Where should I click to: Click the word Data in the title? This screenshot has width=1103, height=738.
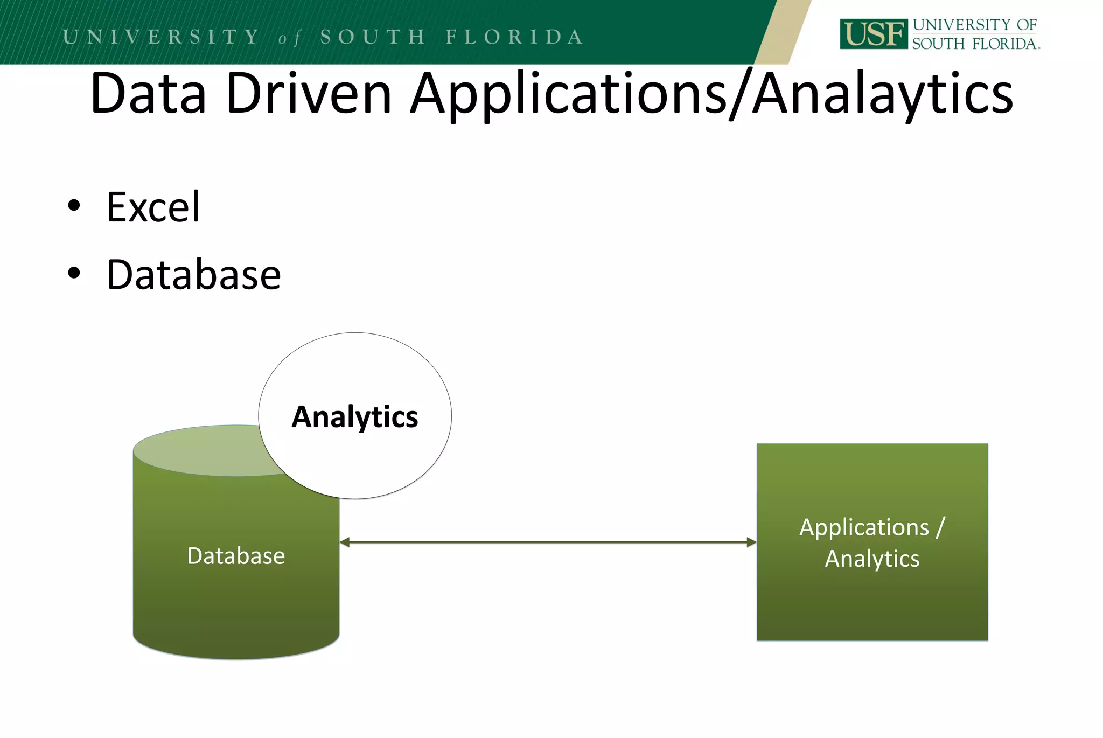click(148, 94)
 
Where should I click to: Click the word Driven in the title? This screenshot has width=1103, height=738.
click(309, 94)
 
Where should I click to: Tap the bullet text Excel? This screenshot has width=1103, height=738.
click(153, 207)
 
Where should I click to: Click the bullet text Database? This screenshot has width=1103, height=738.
click(193, 275)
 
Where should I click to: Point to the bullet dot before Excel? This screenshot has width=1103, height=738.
click(74, 206)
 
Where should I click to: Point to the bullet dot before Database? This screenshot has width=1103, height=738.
click(74, 274)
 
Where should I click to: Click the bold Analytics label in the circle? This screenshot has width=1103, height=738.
click(354, 417)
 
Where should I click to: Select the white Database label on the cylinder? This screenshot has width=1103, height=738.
click(236, 556)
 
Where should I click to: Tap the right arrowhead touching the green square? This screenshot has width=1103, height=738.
click(751, 542)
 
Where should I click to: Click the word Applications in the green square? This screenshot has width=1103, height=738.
click(864, 527)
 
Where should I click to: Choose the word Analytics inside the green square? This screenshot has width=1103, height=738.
click(872, 559)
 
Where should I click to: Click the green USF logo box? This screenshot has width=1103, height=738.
click(873, 34)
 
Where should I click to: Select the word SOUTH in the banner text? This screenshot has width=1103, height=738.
click(373, 37)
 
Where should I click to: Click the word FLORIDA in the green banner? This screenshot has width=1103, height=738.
click(514, 37)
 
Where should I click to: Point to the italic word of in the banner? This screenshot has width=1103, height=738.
click(289, 38)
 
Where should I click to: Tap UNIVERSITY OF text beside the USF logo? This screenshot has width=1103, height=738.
click(974, 25)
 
